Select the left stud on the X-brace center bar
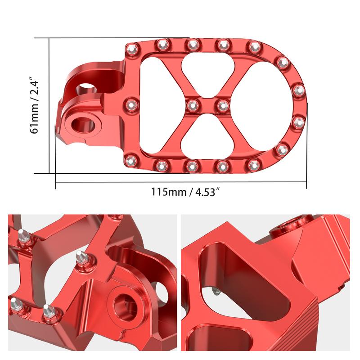(192, 105)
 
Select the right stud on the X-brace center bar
(222, 105)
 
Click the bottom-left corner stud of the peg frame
(131, 160)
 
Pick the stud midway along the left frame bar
(131, 104)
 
